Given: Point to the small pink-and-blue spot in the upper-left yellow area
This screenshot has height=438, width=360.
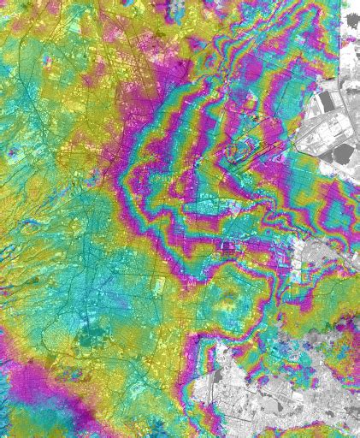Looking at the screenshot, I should [x=12, y=154].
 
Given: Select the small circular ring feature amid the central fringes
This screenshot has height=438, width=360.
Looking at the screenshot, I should [x=228, y=248].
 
